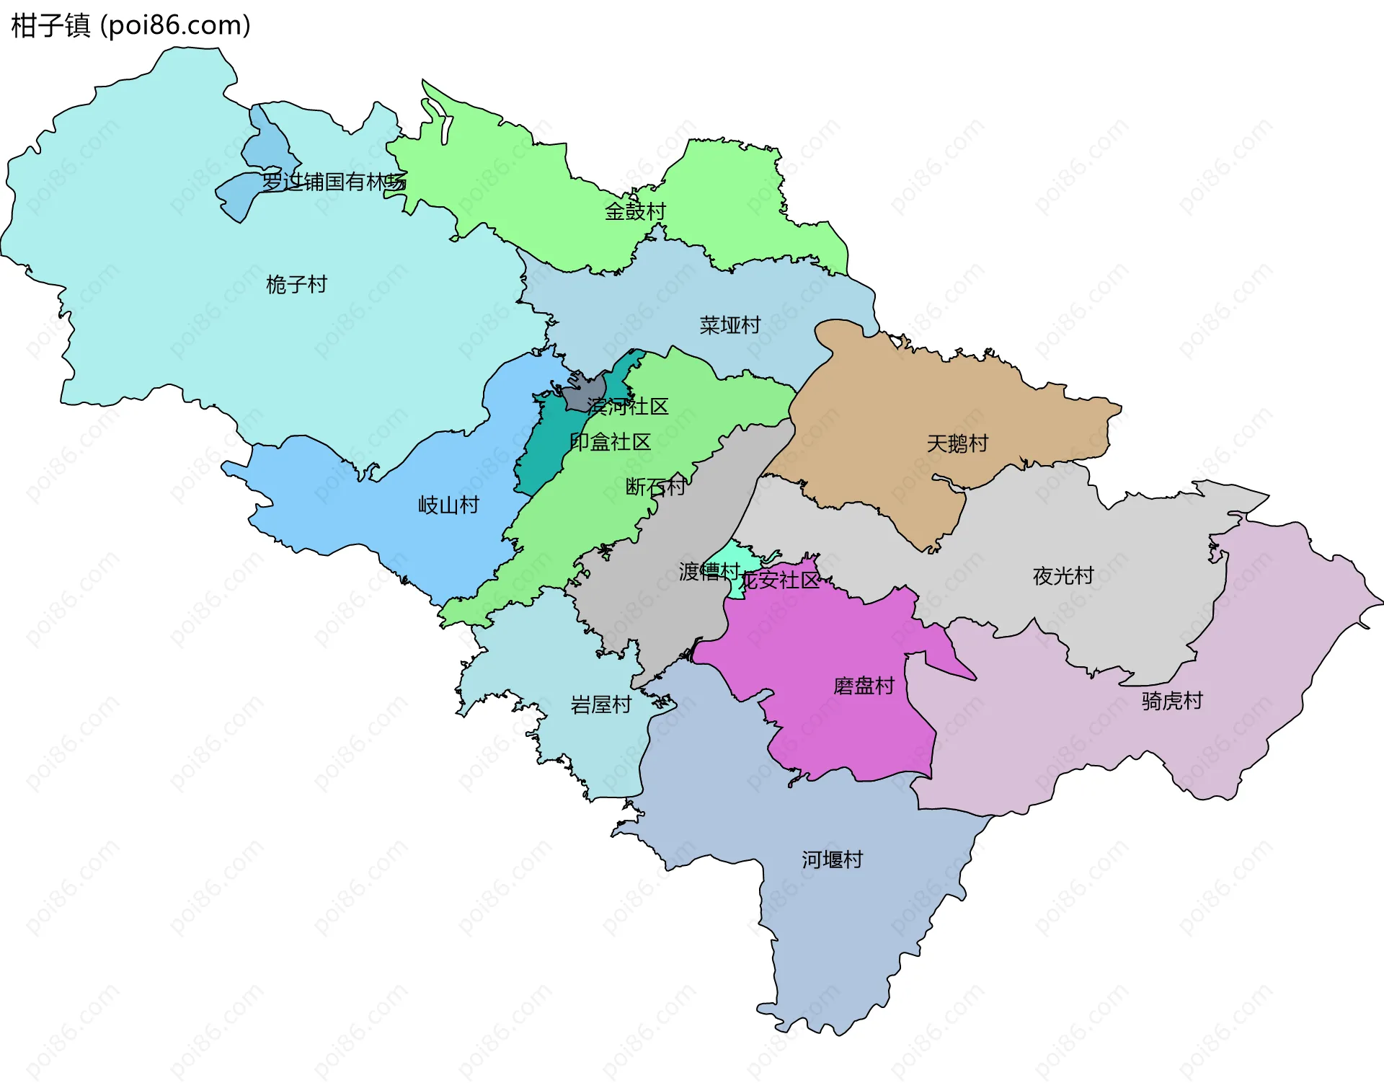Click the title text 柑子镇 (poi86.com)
(x=130, y=26)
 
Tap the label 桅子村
(x=296, y=285)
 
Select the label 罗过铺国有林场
(x=334, y=182)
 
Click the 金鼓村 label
(x=634, y=211)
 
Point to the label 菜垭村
(x=729, y=325)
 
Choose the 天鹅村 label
(x=957, y=443)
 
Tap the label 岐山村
(x=448, y=505)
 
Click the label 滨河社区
(x=627, y=407)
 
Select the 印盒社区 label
(x=610, y=442)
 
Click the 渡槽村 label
(x=709, y=572)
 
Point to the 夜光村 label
(x=1063, y=576)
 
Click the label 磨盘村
(x=863, y=686)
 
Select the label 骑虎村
(x=1171, y=701)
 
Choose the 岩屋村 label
(x=600, y=704)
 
